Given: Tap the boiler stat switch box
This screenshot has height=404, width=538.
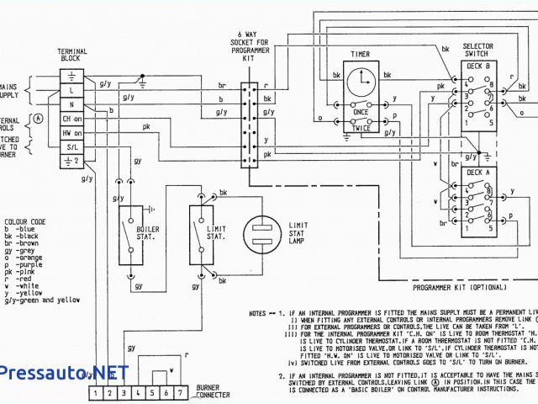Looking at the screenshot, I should coord(130,228).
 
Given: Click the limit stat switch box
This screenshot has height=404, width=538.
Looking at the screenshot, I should coord(201,228).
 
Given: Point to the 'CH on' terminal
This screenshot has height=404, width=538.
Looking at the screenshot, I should coord(73,119).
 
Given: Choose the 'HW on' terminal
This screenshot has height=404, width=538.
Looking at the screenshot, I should coord(73,132).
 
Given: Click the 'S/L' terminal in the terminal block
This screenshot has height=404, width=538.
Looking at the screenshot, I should coord(73,146).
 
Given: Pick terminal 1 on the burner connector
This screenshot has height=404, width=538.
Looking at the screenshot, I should coord(98,392).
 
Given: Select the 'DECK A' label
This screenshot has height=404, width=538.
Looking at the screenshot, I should coord(477,173).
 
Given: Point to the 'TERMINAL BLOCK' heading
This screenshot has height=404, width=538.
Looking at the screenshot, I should coord(72,56).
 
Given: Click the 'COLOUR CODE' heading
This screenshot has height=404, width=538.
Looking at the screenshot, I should coord(25,221).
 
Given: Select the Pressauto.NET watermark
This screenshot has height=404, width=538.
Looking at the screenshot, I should coord(63,371).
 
